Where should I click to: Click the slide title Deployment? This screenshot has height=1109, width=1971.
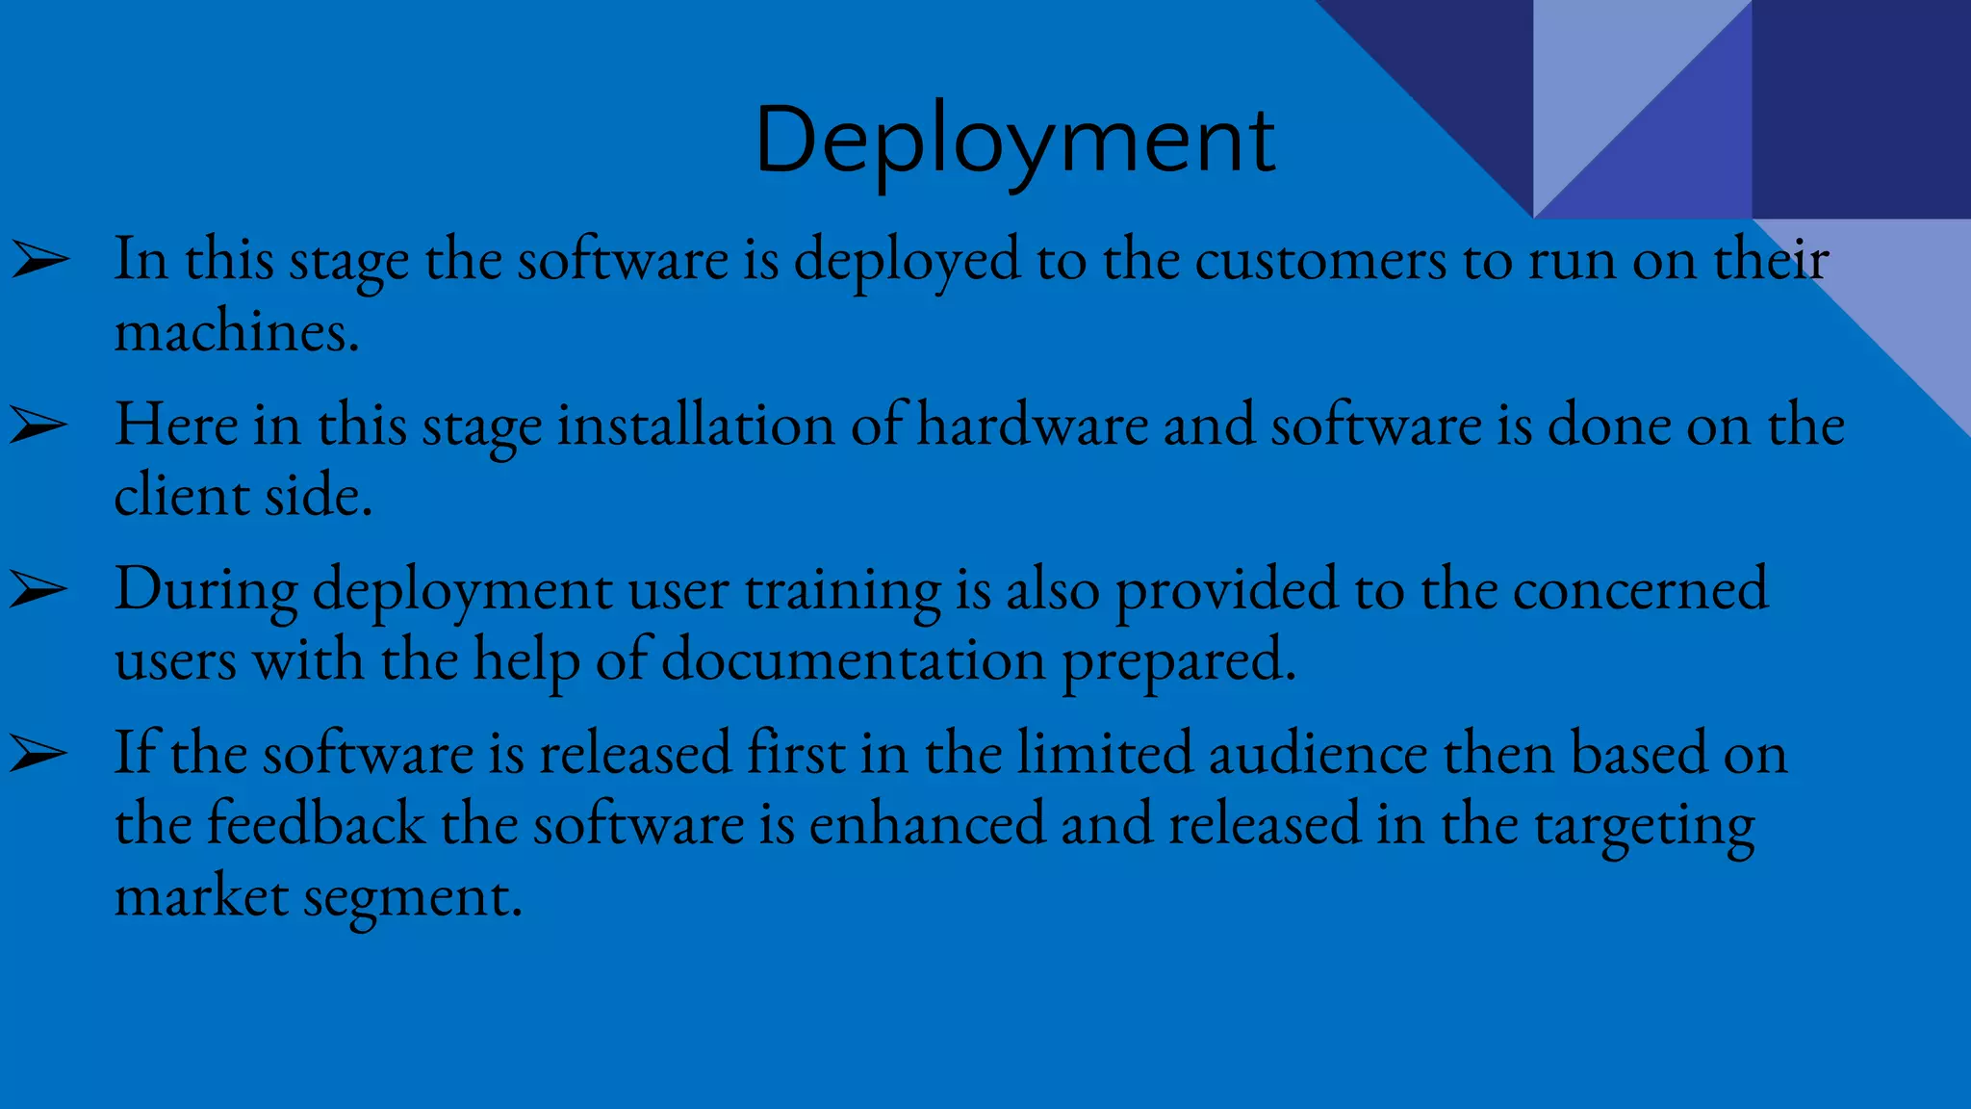(x=1014, y=141)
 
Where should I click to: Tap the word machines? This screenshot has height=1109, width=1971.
(x=236, y=332)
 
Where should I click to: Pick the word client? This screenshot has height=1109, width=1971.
(x=182, y=496)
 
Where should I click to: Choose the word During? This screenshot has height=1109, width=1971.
(x=206, y=589)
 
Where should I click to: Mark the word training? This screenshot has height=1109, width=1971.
(x=843, y=591)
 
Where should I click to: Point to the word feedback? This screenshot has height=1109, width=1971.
(x=317, y=824)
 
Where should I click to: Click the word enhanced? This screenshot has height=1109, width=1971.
(x=927, y=824)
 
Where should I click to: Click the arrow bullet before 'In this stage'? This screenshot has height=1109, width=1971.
(x=39, y=260)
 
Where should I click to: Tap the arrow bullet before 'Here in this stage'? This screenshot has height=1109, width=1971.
(x=39, y=425)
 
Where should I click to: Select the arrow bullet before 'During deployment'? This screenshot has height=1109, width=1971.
(x=39, y=589)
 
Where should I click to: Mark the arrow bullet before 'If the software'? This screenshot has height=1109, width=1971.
(x=39, y=754)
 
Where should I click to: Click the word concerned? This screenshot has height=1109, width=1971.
(x=1640, y=589)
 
